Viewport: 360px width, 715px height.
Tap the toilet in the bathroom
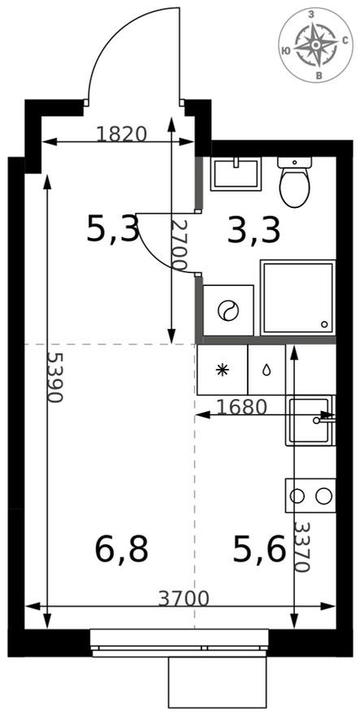[x=294, y=181]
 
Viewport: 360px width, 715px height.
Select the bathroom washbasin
[x=236, y=174]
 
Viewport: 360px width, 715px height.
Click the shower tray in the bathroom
[x=298, y=297]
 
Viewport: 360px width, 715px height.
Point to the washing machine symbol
[x=228, y=310]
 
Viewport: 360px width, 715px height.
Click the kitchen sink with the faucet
[x=310, y=419]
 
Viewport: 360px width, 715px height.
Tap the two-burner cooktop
[x=310, y=495]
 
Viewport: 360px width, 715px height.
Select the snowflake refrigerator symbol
[x=222, y=370]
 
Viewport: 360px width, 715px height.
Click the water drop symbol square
[x=267, y=370]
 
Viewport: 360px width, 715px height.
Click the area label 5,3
[x=113, y=230]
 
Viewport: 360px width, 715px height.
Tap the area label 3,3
[x=254, y=230]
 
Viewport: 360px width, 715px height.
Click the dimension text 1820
[x=121, y=133]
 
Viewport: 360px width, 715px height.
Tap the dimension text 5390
[x=54, y=377]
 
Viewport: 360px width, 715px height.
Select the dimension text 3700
[x=184, y=599]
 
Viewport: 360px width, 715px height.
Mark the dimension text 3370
[x=301, y=547]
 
